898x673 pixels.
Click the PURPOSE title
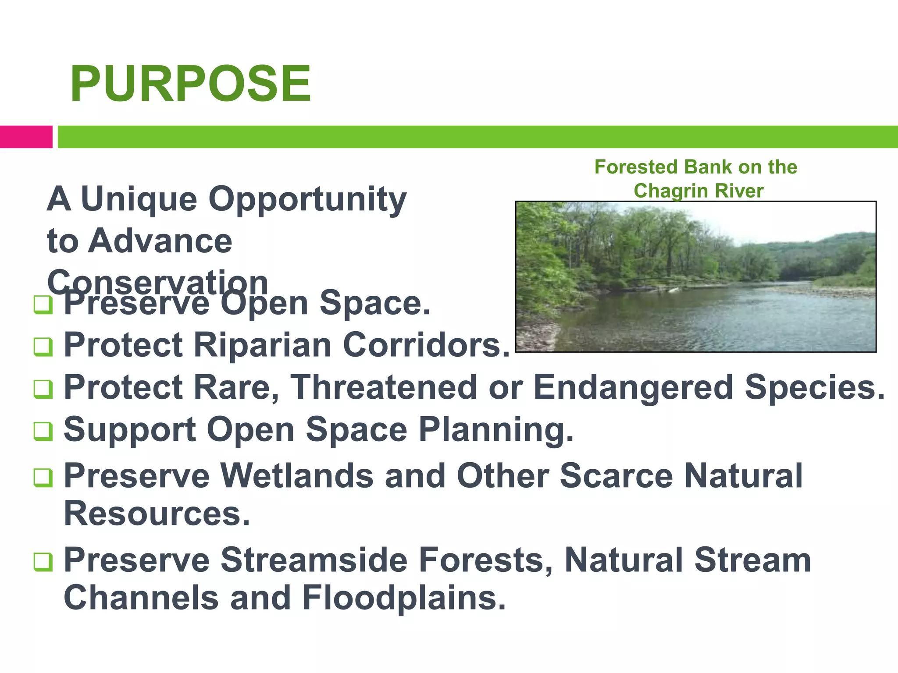[190, 84]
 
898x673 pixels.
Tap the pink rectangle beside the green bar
[26, 137]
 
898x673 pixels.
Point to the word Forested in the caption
[636, 167]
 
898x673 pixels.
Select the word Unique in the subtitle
[139, 199]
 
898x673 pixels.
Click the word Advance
[160, 241]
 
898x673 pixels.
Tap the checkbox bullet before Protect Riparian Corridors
[43, 347]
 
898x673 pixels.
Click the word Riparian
[262, 345]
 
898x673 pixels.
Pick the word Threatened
[383, 387]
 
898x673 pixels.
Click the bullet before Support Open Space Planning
[43, 431]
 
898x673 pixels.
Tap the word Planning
[496, 429]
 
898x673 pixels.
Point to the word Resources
[157, 514]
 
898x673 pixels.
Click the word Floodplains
[403, 598]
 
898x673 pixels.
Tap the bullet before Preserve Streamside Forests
[43, 562]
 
